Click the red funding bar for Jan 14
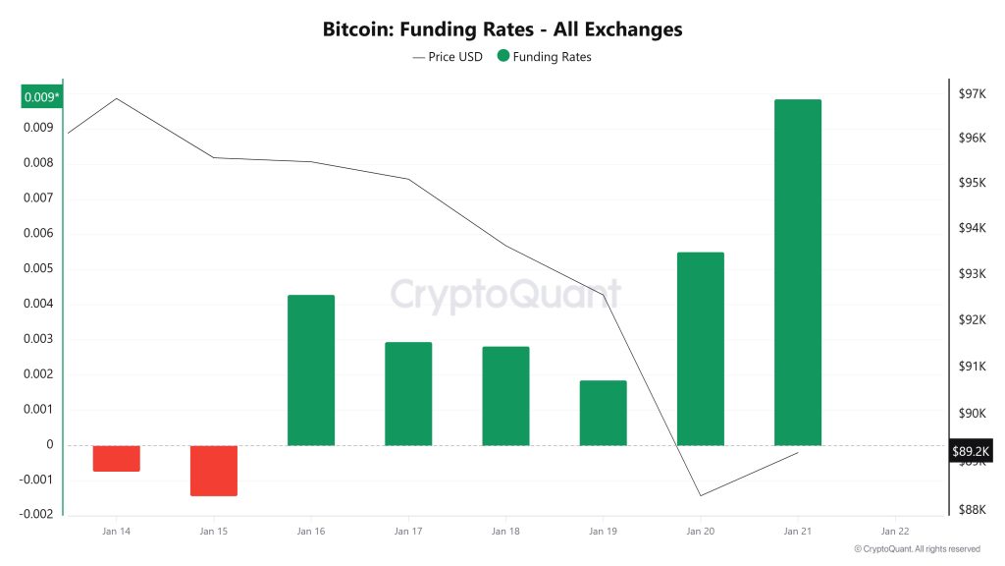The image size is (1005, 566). click(x=117, y=458)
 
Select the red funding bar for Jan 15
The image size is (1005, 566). click(x=214, y=470)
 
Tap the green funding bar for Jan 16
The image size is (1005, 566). click(x=311, y=370)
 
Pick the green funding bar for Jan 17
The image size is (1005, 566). click(x=408, y=393)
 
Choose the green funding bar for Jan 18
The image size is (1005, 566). click(x=505, y=396)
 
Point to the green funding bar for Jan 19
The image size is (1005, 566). click(x=603, y=413)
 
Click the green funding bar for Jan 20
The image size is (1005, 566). click(x=700, y=349)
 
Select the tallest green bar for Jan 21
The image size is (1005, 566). click(x=797, y=272)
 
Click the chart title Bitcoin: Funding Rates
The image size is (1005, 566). click(x=502, y=29)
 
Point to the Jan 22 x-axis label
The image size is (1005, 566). click(x=894, y=531)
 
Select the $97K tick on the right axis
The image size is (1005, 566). click(x=972, y=93)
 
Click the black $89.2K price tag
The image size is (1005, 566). click(x=971, y=452)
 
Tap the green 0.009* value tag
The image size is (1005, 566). click(x=41, y=96)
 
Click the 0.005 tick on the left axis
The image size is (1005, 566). click(x=38, y=268)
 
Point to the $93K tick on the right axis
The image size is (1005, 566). click(x=972, y=274)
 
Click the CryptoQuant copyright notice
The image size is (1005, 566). click(x=917, y=549)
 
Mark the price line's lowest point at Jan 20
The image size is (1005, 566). click(x=701, y=495)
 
